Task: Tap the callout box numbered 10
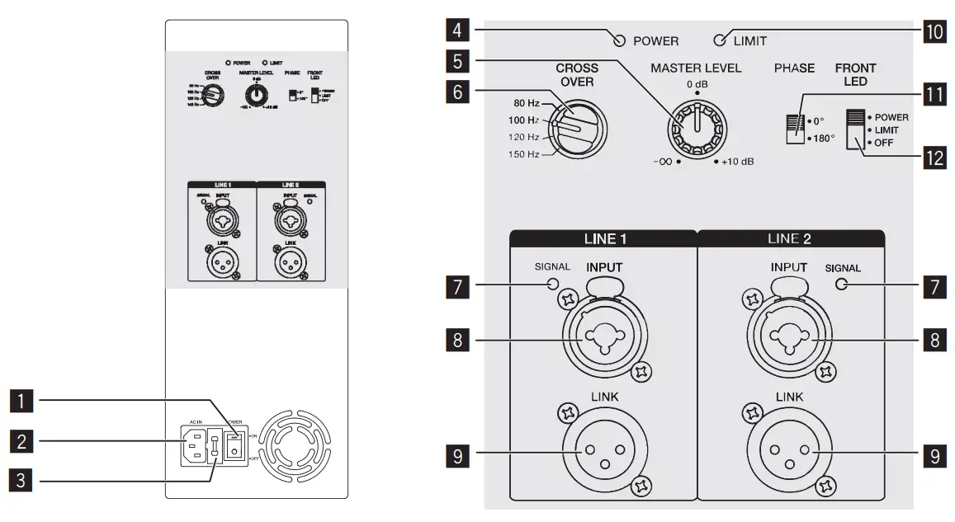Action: click(934, 33)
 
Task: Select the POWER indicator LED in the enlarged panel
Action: click(618, 40)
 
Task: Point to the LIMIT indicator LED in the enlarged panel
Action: click(721, 40)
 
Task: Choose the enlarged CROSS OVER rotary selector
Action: click(578, 128)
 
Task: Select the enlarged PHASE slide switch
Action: click(793, 129)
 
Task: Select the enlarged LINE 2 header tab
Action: click(791, 238)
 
